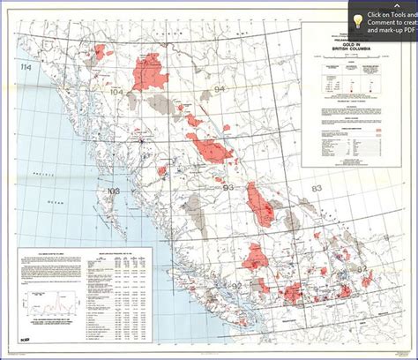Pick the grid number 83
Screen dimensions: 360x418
coord(315,189)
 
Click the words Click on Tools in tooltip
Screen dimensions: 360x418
coord(393,14)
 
